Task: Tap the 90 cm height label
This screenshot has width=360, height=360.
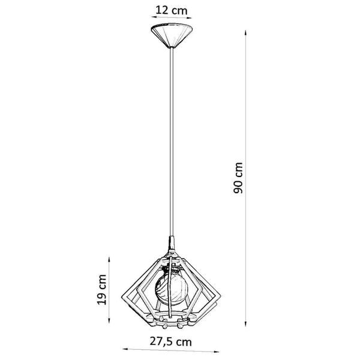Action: (239, 178)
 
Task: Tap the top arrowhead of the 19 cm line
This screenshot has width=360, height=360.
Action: (109, 259)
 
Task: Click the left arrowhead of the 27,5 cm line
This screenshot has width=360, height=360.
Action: (124, 350)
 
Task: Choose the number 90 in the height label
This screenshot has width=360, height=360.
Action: (239, 187)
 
